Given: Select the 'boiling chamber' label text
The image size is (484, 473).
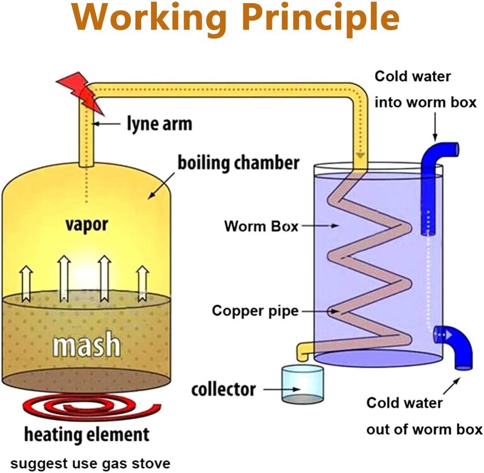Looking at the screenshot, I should coord(239,162).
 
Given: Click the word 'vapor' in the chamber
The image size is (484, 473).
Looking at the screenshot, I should coord(86,225).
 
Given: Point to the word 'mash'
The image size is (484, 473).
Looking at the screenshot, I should coord(86,345).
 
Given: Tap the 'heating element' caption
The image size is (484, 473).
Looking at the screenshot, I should coord(86,434).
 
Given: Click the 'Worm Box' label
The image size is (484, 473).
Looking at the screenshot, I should coord(261,226).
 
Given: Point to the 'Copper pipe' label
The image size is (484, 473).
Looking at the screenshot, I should coord(255,311).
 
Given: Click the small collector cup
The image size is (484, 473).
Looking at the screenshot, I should coord(302,383).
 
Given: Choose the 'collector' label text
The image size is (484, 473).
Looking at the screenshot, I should coord(224,389).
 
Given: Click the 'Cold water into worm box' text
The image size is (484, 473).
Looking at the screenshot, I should coord(425,90).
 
